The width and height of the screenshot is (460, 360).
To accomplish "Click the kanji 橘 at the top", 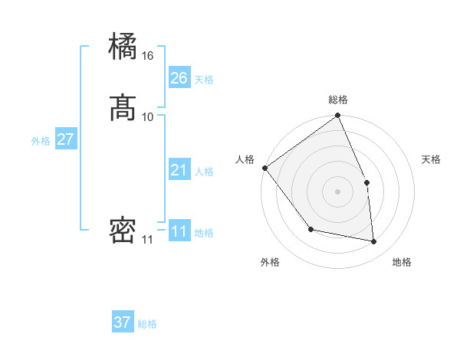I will click(x=123, y=47).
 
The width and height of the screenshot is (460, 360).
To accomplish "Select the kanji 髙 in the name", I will click(x=123, y=109).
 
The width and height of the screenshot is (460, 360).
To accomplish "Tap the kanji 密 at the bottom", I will click(x=123, y=231).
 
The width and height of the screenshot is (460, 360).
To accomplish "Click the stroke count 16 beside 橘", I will click(x=148, y=56).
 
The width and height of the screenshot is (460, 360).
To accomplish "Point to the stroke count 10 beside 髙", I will click(x=148, y=116).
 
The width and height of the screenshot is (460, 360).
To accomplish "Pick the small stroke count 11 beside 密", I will click(x=147, y=240).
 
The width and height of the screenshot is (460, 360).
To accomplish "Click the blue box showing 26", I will click(x=179, y=78).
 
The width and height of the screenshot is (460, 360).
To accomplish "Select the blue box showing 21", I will click(x=179, y=170).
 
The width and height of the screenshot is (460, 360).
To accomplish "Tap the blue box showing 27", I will click(x=65, y=139).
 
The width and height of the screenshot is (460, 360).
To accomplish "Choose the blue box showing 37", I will click(x=123, y=322).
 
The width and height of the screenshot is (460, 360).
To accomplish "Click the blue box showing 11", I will click(x=179, y=231).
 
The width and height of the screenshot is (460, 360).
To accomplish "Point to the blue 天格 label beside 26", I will click(x=204, y=80).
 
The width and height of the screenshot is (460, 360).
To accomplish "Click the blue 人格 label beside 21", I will click(x=204, y=172).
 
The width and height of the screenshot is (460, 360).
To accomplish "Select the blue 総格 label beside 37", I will click(x=147, y=324).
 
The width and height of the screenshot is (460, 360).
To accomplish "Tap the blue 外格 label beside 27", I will click(x=41, y=141).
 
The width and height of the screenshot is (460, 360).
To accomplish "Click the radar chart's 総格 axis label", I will click(x=338, y=100).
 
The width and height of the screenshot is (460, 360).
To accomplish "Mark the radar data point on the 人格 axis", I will click(x=264, y=168).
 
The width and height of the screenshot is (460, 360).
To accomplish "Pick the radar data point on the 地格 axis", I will click(x=373, y=241).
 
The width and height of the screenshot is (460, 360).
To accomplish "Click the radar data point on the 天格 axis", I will click(x=366, y=182).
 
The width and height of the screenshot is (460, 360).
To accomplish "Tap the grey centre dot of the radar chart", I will click(x=338, y=191).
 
